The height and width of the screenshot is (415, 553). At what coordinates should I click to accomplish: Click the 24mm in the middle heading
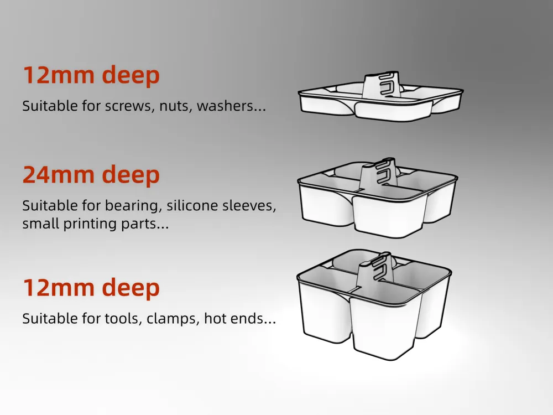pyautogui.click(x=59, y=174)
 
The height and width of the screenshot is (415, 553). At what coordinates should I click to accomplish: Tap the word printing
pyautogui.click(x=90, y=224)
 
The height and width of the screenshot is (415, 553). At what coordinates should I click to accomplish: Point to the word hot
pyautogui.click(x=216, y=318)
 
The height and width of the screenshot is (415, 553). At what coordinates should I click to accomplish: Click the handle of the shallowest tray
pyautogui.click(x=382, y=85)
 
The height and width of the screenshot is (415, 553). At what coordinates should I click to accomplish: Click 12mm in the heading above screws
pyautogui.click(x=59, y=75)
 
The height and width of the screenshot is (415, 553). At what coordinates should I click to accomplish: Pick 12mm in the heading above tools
pyautogui.click(x=59, y=287)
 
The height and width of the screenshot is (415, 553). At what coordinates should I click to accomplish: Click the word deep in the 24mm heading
pyautogui.click(x=131, y=175)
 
